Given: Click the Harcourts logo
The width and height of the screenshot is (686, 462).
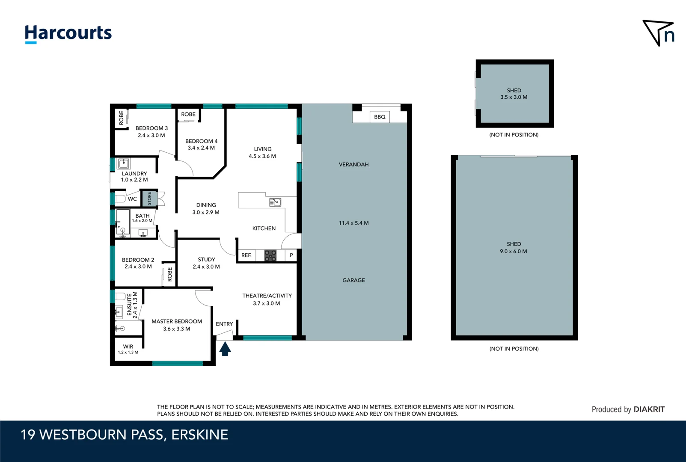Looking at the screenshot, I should click(68, 33).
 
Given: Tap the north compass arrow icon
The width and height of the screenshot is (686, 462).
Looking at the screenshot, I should click(658, 33).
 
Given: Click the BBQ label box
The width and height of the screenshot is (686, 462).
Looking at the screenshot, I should click(380, 117).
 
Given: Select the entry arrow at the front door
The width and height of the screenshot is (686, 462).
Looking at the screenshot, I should click(225, 349).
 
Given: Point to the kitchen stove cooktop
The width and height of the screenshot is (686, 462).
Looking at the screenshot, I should click(270, 256).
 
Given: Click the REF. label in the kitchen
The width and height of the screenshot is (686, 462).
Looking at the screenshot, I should click(246, 255).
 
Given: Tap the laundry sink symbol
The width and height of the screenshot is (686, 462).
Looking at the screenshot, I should click(124, 163).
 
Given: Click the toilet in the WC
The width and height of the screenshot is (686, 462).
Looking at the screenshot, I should click(120, 198).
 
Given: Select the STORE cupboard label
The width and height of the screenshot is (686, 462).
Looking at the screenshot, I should click(150, 198).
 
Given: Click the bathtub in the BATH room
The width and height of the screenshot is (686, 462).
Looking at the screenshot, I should click(123, 222).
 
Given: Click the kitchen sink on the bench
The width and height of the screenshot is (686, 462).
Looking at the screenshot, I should click(275, 202).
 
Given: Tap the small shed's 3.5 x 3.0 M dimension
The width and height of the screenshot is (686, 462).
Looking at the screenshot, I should click(514, 97).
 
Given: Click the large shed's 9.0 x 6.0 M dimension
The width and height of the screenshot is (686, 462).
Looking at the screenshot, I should click(513, 252).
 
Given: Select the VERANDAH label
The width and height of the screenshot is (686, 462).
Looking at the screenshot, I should click(353, 165).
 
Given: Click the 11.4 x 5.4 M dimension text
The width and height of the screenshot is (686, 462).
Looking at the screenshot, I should click(353, 223).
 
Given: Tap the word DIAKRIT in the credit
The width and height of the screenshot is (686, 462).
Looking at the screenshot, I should click(649, 409).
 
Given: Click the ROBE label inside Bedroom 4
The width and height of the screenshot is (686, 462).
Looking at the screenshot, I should click(188, 114).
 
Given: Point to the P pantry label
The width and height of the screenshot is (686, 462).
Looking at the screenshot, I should click(291, 255).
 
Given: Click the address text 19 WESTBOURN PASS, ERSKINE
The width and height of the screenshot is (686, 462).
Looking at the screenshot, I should click(124, 435).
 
